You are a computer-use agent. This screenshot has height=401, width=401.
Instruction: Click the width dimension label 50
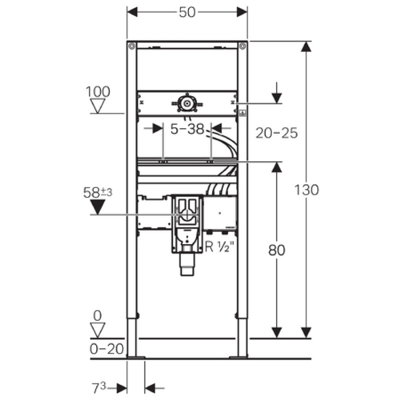(x=187, y=12)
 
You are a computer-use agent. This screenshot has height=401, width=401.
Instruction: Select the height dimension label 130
(x=307, y=190)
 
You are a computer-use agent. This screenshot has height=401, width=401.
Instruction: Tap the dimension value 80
(x=277, y=250)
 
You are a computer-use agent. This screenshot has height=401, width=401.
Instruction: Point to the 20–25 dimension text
(x=277, y=133)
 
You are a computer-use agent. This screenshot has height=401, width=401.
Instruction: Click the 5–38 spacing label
(x=187, y=129)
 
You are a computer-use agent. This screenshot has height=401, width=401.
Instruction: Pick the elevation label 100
(x=98, y=92)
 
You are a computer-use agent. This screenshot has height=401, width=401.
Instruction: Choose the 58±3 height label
(x=98, y=192)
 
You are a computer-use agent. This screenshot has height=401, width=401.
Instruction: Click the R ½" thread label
(x=220, y=247)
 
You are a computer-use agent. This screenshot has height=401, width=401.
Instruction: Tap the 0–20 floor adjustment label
(x=107, y=348)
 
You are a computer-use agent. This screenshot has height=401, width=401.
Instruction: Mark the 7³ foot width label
(x=99, y=388)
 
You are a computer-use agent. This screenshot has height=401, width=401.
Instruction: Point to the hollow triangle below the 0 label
(x=98, y=330)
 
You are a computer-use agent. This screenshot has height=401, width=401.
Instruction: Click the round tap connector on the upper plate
(x=187, y=104)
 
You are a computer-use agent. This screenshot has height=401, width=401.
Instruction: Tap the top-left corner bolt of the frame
(x=132, y=46)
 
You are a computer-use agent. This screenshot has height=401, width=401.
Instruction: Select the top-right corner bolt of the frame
(x=243, y=46)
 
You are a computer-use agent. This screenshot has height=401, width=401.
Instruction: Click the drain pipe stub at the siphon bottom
(x=187, y=265)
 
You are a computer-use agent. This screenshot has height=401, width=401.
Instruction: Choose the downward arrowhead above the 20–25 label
(x=277, y=98)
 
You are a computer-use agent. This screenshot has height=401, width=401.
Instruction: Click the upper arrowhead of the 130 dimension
(x=306, y=47)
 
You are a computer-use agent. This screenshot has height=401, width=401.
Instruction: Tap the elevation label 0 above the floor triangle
(x=97, y=316)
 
